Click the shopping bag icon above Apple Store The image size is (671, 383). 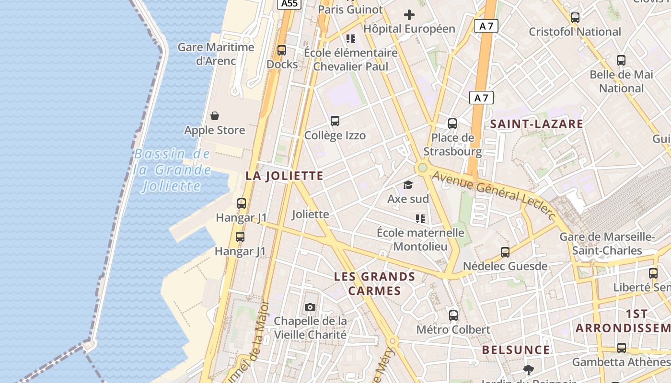(x=215, y=116)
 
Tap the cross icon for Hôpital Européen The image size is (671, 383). (x=409, y=15)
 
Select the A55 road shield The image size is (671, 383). (x=289, y=4)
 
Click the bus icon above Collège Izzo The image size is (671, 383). (x=335, y=121)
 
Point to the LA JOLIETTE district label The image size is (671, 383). (x=284, y=176)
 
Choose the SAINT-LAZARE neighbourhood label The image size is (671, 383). (x=536, y=124)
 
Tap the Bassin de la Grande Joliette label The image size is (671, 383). (x=172, y=170)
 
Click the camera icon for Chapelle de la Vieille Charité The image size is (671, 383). (x=310, y=307)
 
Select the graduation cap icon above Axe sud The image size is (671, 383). (x=408, y=185)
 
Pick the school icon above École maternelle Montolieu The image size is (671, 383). (x=420, y=219)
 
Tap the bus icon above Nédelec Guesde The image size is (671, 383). (x=505, y=252)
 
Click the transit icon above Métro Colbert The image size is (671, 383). (x=453, y=315)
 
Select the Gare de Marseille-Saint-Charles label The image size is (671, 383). (x=607, y=244)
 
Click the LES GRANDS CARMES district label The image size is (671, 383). (x=374, y=283)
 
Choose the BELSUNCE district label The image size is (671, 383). (x=516, y=350)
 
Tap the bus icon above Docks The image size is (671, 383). (x=282, y=50)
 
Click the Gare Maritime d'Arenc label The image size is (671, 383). (x=216, y=54)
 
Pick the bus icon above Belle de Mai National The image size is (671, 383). (x=621, y=60)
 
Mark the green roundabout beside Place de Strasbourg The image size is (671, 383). (x=422, y=168)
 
